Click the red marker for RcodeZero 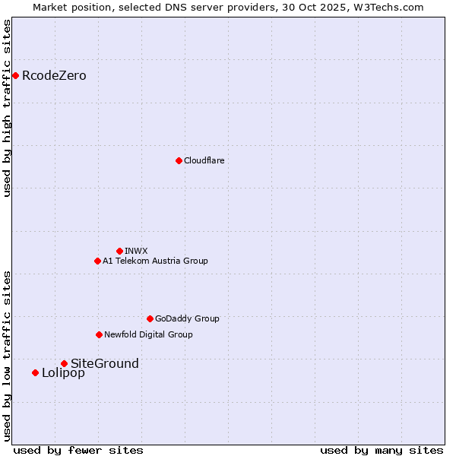15,75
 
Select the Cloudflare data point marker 179,160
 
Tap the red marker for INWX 119,251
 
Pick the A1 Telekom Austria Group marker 97,261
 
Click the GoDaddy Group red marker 150,318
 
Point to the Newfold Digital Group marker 99,334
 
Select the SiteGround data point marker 64,363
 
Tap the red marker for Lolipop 35,372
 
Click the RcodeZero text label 54,75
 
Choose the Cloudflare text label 204,160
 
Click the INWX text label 136,251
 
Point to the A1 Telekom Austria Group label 155,261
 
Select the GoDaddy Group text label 187,318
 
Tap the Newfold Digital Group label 148,334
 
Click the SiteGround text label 105,363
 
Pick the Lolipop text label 63,372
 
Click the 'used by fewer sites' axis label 78,450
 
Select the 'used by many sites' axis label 382,450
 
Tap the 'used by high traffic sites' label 7,108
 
